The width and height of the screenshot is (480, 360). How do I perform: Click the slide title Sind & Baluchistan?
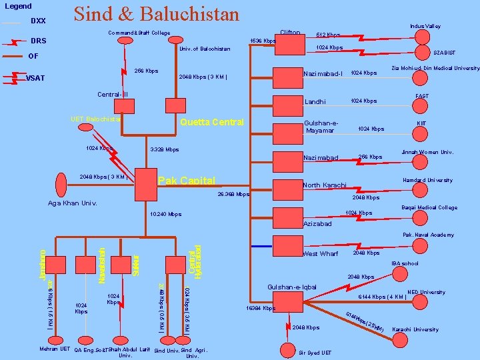coord(156,14)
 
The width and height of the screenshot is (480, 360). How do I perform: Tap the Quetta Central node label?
coord(213,122)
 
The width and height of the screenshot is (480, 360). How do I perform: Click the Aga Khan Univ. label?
coord(73,203)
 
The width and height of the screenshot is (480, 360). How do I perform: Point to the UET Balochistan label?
coord(95,119)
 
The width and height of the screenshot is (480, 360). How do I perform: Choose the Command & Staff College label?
coord(139,33)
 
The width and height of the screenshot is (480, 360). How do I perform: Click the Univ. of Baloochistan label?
coord(205,49)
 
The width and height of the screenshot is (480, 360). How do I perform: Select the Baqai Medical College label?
coord(429,207)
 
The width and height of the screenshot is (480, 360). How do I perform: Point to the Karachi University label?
coord(415,329)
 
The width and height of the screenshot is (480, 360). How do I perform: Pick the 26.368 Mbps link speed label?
coord(233,195)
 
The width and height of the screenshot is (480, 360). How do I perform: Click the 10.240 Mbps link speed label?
coord(166,214)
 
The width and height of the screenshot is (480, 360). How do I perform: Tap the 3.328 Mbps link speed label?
coord(165,149)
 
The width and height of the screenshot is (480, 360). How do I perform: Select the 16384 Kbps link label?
coord(261,309)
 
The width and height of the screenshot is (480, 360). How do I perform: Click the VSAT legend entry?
coord(35,78)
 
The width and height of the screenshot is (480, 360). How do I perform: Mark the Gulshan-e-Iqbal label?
coord(291,287)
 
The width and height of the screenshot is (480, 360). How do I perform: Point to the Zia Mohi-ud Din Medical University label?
coord(435,68)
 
